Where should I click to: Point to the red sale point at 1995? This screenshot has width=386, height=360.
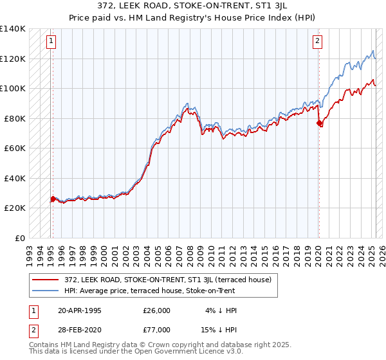53,199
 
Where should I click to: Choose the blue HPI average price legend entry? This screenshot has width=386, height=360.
149,291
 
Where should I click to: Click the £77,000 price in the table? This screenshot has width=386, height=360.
157,329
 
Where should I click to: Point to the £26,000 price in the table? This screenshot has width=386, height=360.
157,310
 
